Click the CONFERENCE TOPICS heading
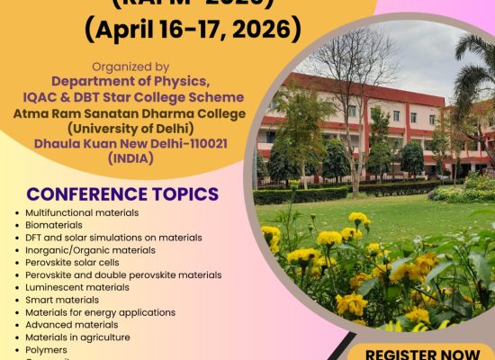point(122,193)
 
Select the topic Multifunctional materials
point(82,212)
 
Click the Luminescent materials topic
point(77,288)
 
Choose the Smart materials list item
point(64,301)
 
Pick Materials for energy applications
point(100,313)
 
